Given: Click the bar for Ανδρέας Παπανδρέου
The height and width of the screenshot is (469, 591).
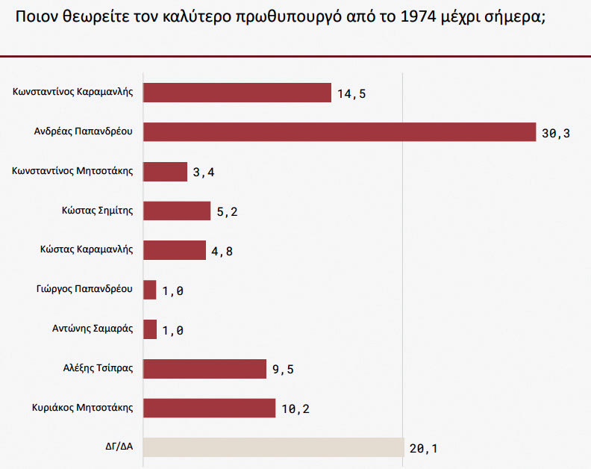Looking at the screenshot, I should [339, 131].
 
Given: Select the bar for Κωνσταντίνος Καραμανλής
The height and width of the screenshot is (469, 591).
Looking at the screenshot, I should [237, 93].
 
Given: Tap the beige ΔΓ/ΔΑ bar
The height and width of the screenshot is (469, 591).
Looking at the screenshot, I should [273, 447].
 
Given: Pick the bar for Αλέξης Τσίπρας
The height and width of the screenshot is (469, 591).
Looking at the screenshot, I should [204, 369].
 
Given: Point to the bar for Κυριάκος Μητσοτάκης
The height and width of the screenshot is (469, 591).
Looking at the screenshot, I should [209, 408].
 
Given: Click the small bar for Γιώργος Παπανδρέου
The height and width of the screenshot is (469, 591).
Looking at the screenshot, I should [149, 290].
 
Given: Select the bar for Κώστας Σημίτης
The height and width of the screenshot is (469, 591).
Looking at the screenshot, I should [177, 211].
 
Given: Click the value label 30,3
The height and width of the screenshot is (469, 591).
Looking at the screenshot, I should [556, 134].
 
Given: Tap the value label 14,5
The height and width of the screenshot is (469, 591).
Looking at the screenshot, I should [351, 94].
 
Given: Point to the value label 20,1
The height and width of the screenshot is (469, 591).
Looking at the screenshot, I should [423, 449].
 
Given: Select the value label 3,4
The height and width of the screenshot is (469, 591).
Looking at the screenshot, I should [204, 173].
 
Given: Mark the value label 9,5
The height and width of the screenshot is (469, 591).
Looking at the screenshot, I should [283, 370].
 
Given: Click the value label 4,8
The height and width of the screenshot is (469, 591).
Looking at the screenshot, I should [222, 252].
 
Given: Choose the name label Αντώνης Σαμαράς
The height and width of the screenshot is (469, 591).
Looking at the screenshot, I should [93, 329].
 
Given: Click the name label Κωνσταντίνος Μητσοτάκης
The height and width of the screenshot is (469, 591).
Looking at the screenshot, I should [72, 171].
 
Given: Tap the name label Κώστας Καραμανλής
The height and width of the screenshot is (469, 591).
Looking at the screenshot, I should [87, 249].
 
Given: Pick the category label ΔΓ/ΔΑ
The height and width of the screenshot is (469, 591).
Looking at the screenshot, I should [119, 447].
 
